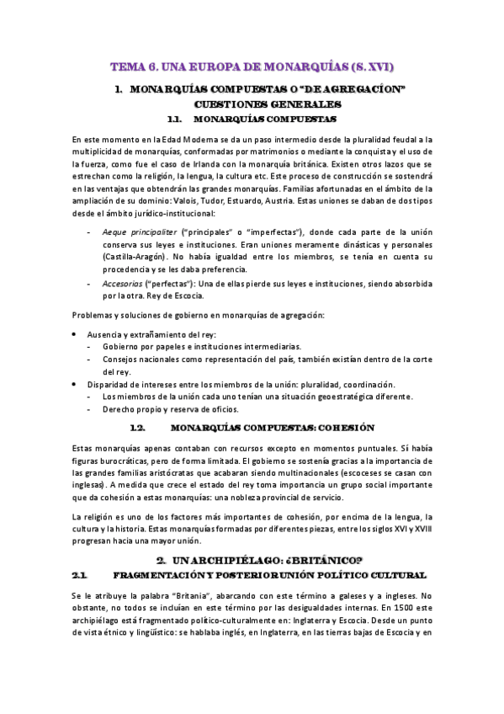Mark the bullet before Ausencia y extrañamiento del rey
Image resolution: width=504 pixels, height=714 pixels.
pyautogui.click(x=77, y=334)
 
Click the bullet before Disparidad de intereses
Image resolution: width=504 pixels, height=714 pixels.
pyautogui.click(x=77, y=385)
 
